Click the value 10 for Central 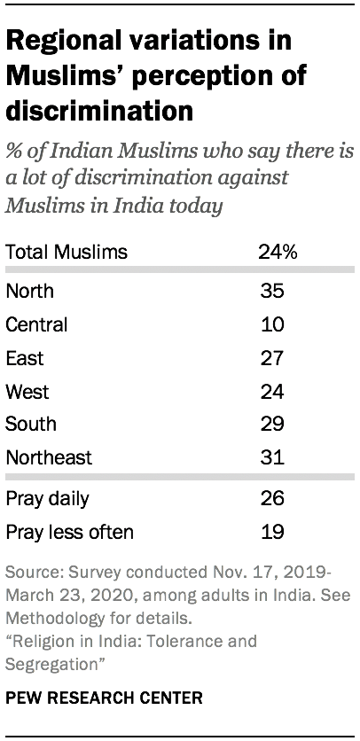pyautogui.click(x=272, y=324)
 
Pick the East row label pyautogui.click(x=24, y=357)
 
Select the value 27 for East pyautogui.click(x=272, y=357)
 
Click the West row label pyautogui.click(x=27, y=391)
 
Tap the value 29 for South pyautogui.click(x=272, y=425)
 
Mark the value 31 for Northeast pyautogui.click(x=272, y=458)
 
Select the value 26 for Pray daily pyautogui.click(x=272, y=499)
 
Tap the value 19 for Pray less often pyautogui.click(x=272, y=533)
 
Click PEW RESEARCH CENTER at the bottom pyautogui.click(x=104, y=698)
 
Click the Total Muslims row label pyautogui.click(x=67, y=253)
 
